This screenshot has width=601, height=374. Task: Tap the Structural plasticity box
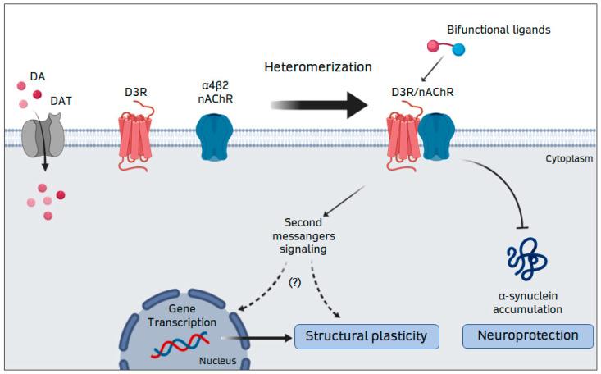pos(367,336)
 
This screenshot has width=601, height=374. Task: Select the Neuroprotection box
pos(528,335)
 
